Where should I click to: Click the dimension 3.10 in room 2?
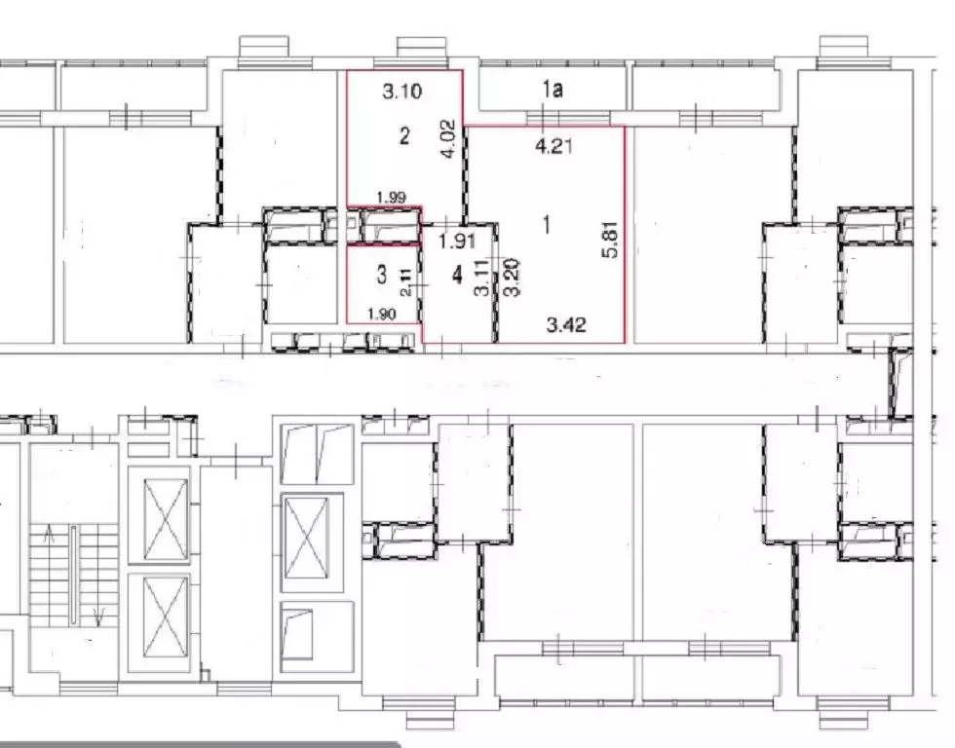401,92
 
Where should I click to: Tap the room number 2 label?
404,135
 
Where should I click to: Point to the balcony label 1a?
553,90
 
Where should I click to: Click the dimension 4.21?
554,146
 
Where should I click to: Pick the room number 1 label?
547,225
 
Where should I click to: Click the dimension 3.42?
566,324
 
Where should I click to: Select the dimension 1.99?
391,197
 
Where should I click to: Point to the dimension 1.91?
457,242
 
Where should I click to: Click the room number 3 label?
381,275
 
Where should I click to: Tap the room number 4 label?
457,275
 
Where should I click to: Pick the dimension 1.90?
382,314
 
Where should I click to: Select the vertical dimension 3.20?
514,277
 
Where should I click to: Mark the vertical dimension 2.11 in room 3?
406,282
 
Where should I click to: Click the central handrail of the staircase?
73,575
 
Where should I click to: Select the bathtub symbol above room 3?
390,226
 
